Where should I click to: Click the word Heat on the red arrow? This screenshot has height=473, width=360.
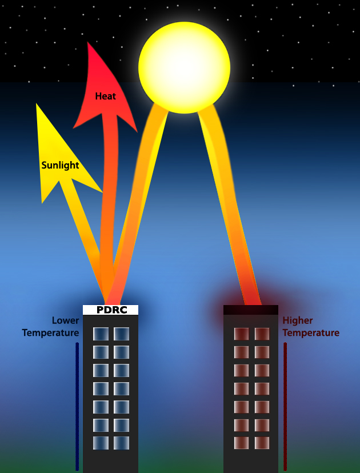point(106,96)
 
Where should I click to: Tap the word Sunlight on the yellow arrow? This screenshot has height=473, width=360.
point(61,165)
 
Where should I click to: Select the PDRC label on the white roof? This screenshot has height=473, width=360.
point(112,310)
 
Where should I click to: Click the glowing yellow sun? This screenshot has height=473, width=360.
point(184,67)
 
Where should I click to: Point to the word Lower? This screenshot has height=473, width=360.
point(66,320)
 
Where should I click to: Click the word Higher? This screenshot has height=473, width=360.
point(298,320)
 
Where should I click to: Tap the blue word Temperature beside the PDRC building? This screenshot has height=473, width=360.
point(50,333)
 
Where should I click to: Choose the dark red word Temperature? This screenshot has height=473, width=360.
point(311,333)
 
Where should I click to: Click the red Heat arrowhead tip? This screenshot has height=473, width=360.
point(87,42)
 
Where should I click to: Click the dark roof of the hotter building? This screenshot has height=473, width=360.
point(251,310)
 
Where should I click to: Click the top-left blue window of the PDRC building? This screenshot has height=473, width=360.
point(101,334)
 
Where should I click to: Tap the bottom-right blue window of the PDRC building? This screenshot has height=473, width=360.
point(121,443)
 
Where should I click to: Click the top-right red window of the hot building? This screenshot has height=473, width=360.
point(262,334)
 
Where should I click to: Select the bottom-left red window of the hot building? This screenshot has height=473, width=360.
point(241,443)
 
